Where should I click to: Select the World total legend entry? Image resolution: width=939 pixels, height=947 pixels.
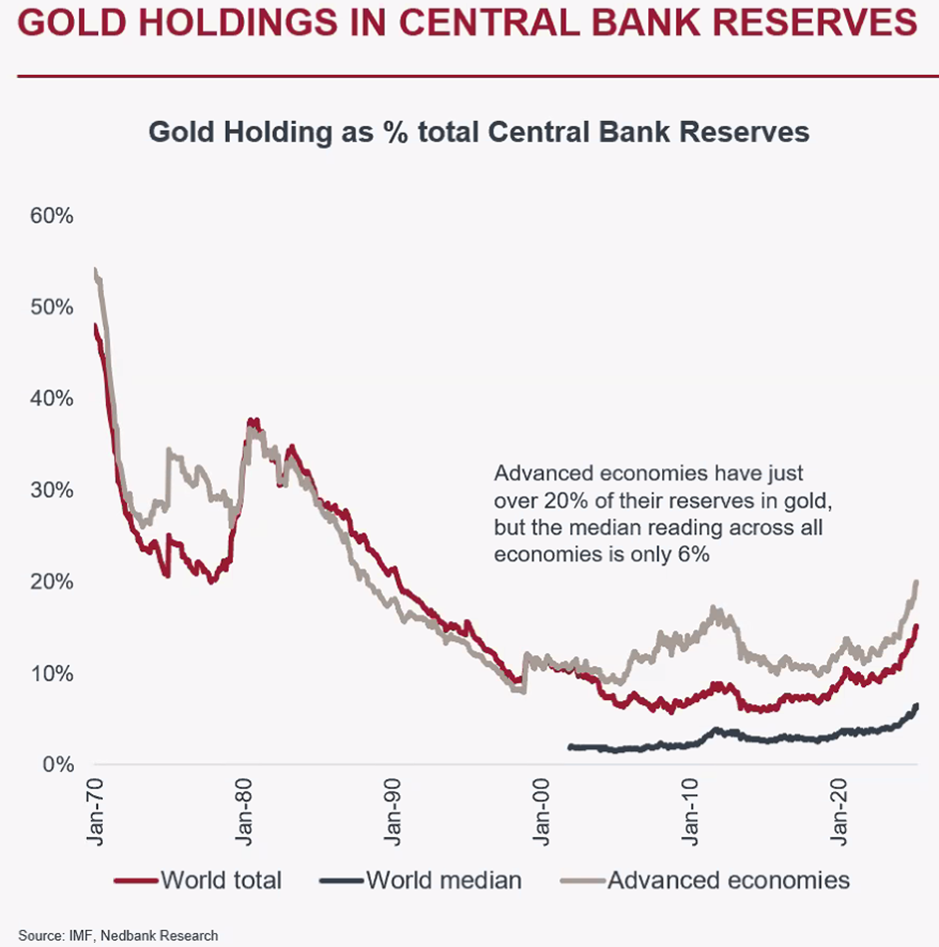point(221,880)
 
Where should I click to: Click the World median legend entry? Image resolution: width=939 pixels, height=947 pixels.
point(444,880)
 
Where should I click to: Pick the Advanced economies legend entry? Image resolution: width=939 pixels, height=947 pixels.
point(728,880)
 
